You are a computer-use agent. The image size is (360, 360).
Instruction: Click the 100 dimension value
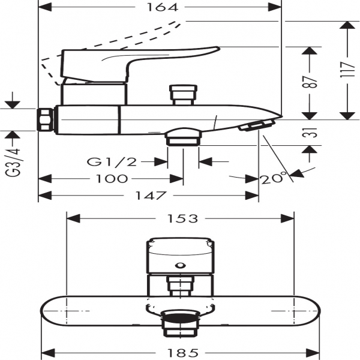point(112,178)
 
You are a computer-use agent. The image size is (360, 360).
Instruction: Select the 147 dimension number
point(148,196)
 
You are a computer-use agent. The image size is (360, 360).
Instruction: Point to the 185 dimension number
point(182,352)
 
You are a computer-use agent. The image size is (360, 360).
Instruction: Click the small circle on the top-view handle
point(179,265)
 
